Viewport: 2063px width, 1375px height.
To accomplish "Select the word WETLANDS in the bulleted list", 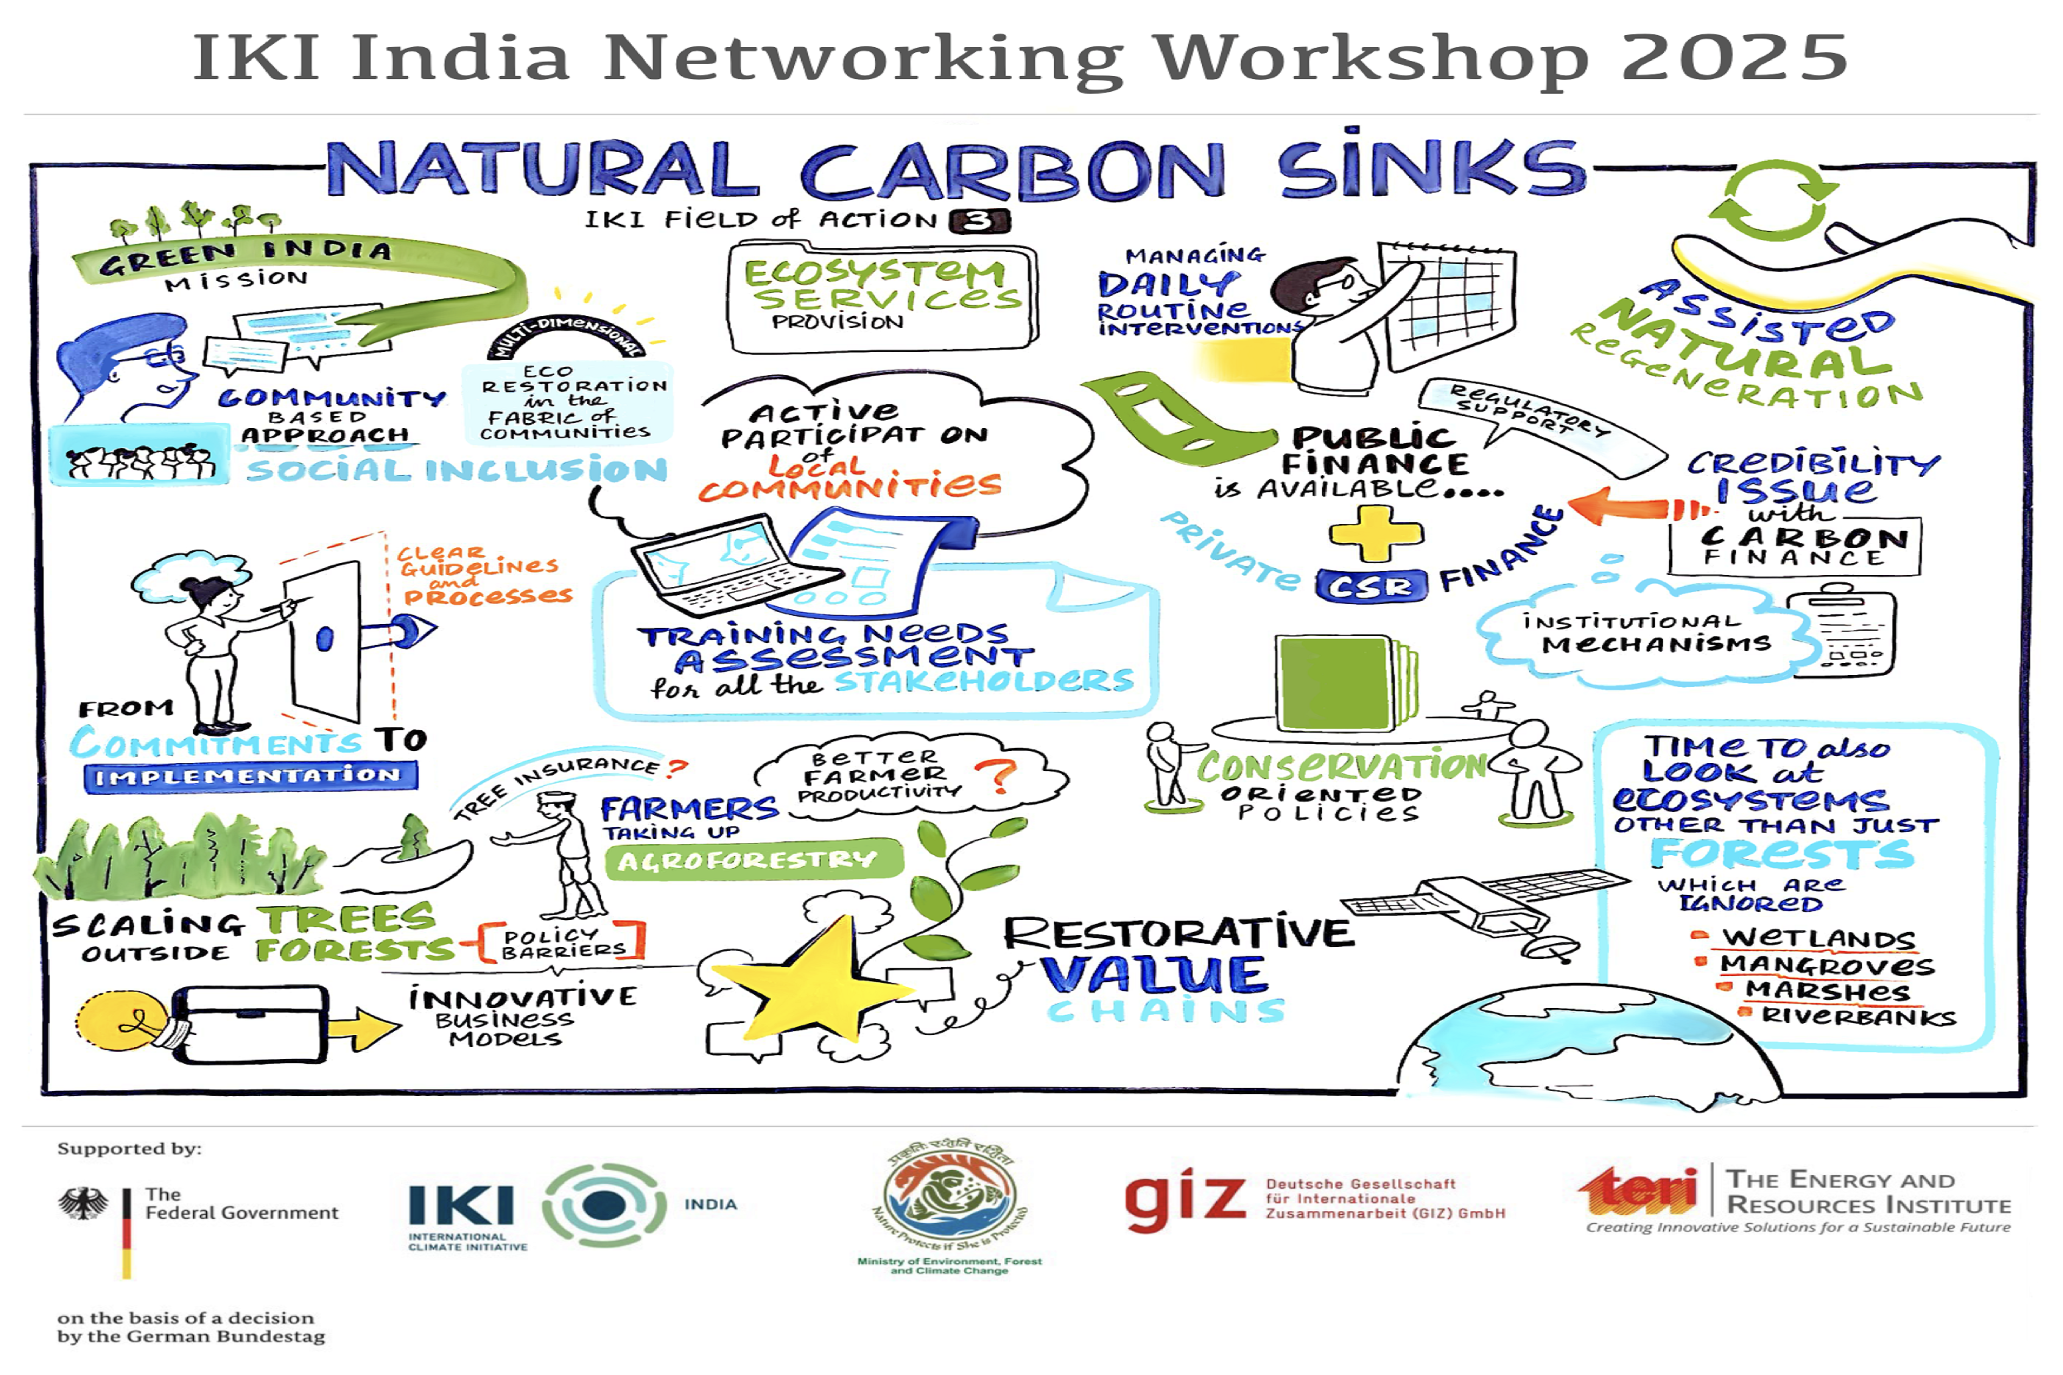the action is [1818, 938].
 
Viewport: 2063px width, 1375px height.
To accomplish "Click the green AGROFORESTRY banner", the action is [753, 859].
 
